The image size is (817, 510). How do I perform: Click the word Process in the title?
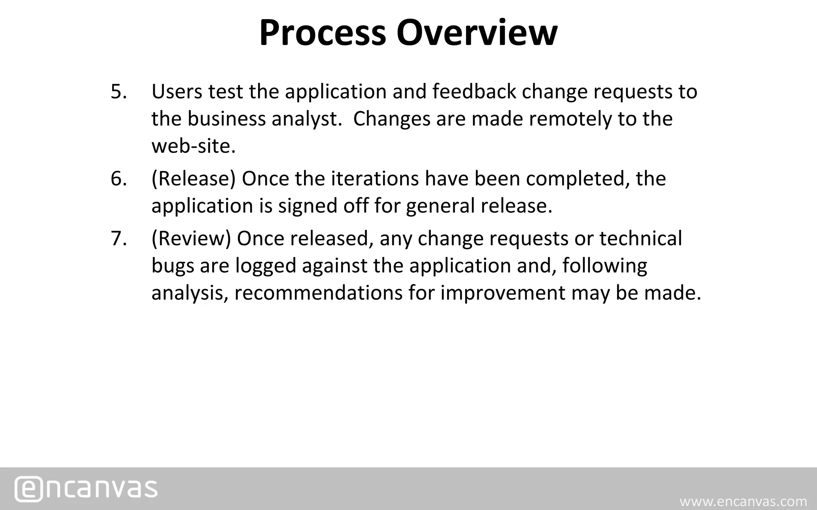coord(323,33)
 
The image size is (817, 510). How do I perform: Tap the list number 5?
coord(118,92)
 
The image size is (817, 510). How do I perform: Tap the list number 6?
coord(118,178)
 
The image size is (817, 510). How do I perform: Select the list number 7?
coord(118,239)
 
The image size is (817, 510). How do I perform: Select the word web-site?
coord(193,146)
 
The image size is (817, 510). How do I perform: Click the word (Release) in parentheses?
coord(193,179)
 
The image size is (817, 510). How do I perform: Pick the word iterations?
coord(375,178)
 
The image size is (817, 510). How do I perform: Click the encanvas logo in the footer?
coord(86,488)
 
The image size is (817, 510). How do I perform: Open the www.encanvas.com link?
coord(743,501)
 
